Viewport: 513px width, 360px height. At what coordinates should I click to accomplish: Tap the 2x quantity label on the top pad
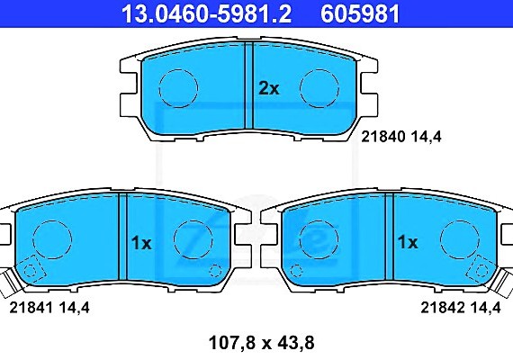(269, 88)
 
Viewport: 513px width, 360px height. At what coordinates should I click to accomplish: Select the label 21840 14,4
(403, 137)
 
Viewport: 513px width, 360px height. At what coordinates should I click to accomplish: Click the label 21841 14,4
(49, 307)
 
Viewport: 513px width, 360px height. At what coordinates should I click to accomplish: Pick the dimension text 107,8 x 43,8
(256, 342)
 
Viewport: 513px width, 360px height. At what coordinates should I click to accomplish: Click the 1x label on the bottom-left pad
(141, 242)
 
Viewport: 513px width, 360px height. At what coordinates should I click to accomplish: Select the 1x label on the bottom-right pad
(408, 242)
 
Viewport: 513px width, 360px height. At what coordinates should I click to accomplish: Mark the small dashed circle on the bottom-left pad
(213, 269)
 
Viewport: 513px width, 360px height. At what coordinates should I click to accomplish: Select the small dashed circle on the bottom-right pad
(300, 269)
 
